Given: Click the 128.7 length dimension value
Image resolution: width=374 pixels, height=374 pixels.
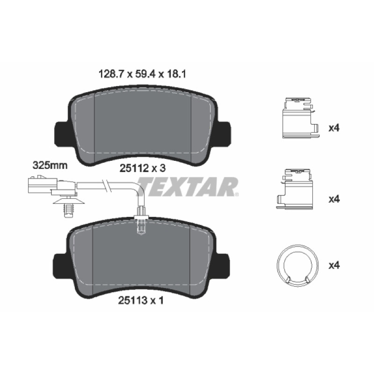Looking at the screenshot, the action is [x=112, y=74].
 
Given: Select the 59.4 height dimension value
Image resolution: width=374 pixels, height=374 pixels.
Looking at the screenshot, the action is [x=145, y=74].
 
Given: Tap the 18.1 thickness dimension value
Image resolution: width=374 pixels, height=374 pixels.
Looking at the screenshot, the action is [x=176, y=74].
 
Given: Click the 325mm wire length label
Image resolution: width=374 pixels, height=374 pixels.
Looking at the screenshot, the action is [x=50, y=165].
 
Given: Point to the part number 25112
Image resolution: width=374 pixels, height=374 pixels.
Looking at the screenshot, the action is [x=134, y=169].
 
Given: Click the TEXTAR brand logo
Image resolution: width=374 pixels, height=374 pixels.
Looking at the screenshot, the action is [x=188, y=187].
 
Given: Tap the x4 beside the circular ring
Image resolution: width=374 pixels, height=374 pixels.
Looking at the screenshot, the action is [x=334, y=265].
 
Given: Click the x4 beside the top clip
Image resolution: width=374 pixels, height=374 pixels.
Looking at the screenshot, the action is [x=334, y=128].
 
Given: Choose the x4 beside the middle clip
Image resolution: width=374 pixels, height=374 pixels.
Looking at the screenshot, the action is [x=334, y=199].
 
